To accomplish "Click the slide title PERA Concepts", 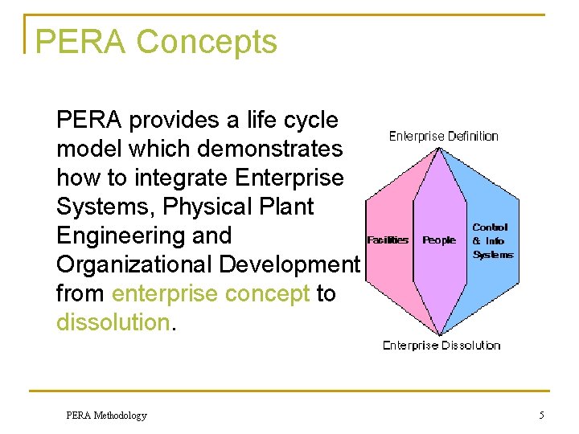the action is pos(157,43).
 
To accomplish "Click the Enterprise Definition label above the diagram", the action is pos(443,136).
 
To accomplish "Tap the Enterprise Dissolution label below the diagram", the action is pos(441,346).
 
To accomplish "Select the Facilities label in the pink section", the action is pos(388,240).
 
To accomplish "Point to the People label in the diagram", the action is pos(439,240).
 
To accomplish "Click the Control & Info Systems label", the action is pos(491,241).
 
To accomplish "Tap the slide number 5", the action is pos(542,416).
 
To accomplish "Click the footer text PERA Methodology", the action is pos(106,416).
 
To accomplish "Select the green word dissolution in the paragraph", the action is pos(112,322).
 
